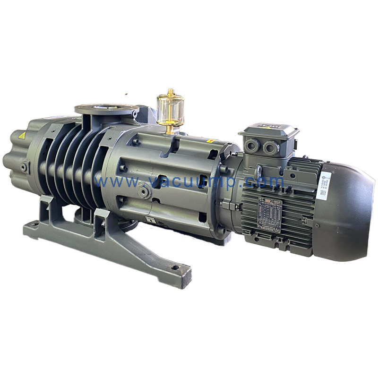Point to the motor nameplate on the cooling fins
pos(270,215)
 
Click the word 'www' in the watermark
pos(112,181)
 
